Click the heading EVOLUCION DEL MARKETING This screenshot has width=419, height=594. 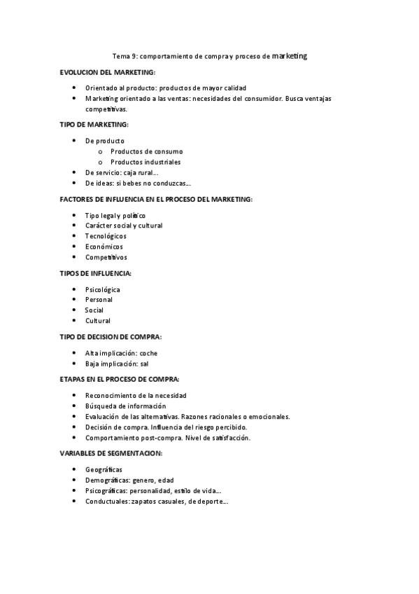pyautogui.click(x=108, y=72)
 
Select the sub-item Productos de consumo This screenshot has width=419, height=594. pyautogui.click(x=147, y=151)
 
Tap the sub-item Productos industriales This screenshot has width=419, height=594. pyautogui.click(x=145, y=162)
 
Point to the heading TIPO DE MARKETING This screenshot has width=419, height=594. pyautogui.click(x=94, y=125)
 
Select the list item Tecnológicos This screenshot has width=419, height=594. pyautogui.click(x=106, y=236)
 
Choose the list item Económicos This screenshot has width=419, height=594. pyautogui.click(x=104, y=247)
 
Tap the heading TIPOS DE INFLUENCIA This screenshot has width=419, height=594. pyautogui.click(x=96, y=273)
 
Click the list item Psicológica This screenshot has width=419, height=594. pyautogui.click(x=103, y=289)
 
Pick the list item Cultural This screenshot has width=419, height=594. pyautogui.click(x=98, y=321)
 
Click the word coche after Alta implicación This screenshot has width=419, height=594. pyautogui.click(x=149, y=353)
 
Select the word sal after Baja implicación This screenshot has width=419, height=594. pyautogui.click(x=144, y=364)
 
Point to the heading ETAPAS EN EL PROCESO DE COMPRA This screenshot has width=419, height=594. pyautogui.click(x=120, y=379)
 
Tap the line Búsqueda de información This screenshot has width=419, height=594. pyautogui.click(x=126, y=406)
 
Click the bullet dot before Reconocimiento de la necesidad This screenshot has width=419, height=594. pyautogui.click(x=75, y=396)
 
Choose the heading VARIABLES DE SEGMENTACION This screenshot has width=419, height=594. pyautogui.click(x=112, y=453)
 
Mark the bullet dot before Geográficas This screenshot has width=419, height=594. pyautogui.click(x=75, y=470)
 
